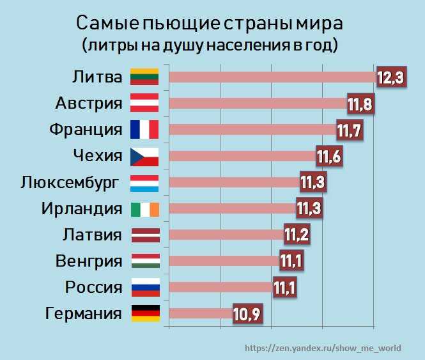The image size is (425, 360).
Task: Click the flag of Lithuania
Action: tap(144, 77)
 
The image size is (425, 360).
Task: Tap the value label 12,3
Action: tap(390, 77)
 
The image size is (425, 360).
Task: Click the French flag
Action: tap(144, 130)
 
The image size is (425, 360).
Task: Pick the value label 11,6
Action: tap(329, 156)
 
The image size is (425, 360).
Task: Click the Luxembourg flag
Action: tap(144, 182)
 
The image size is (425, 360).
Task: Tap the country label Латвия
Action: tap(92, 235)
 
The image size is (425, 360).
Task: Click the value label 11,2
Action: tap(297, 235)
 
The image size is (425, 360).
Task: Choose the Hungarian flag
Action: tap(144, 261)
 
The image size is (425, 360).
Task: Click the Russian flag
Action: tap(144, 287)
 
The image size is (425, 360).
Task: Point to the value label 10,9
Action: tap(246, 313)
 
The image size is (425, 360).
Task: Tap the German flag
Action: tap(144, 313)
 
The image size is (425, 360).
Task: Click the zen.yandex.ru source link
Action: tap(323, 348)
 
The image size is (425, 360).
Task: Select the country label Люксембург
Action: tap(70, 182)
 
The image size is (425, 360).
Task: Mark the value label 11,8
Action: tap(360, 103)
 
